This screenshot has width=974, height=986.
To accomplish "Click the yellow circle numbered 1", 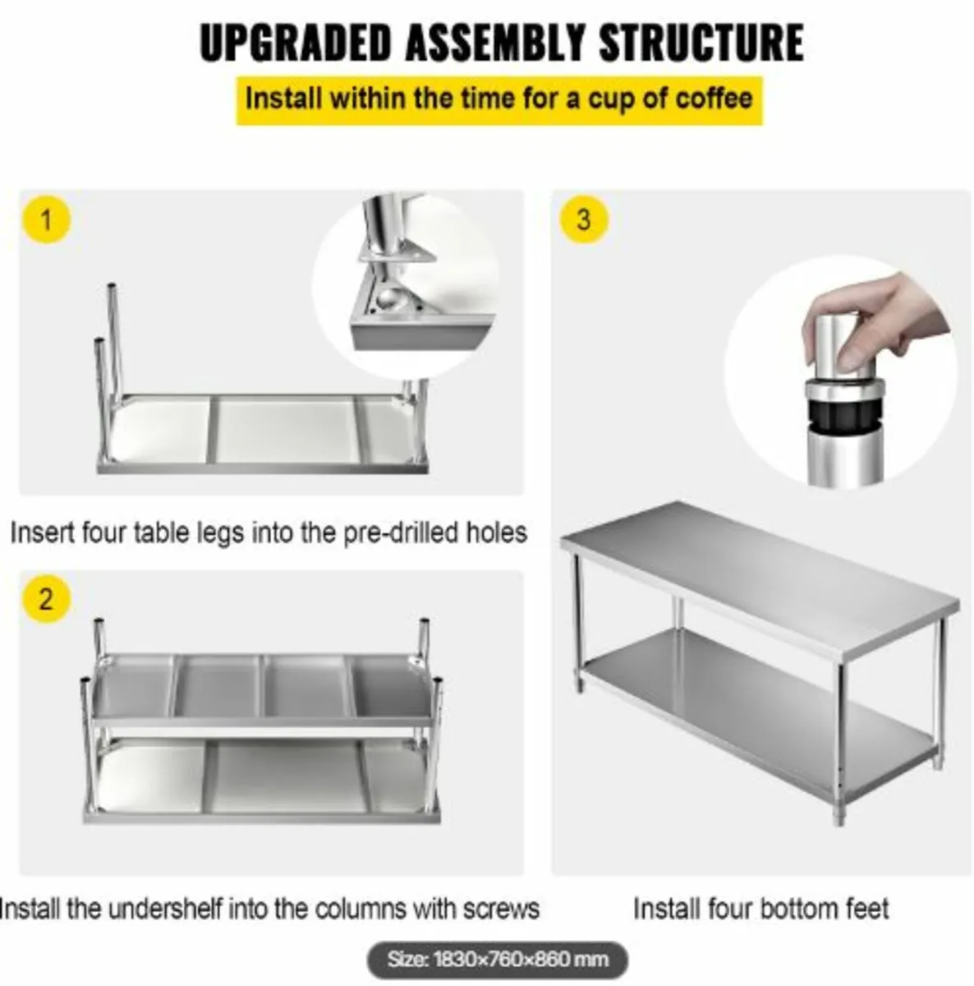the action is [46, 220].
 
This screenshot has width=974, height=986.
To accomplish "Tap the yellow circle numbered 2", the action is [46, 599].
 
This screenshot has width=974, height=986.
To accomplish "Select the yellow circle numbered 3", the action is [584, 220].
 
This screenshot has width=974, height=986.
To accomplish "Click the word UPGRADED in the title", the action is [295, 43].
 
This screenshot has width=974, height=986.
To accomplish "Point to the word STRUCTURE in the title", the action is [701, 43].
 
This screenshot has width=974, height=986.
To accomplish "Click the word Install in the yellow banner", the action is [284, 99].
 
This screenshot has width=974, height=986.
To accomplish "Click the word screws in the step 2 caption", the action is [500, 910].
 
